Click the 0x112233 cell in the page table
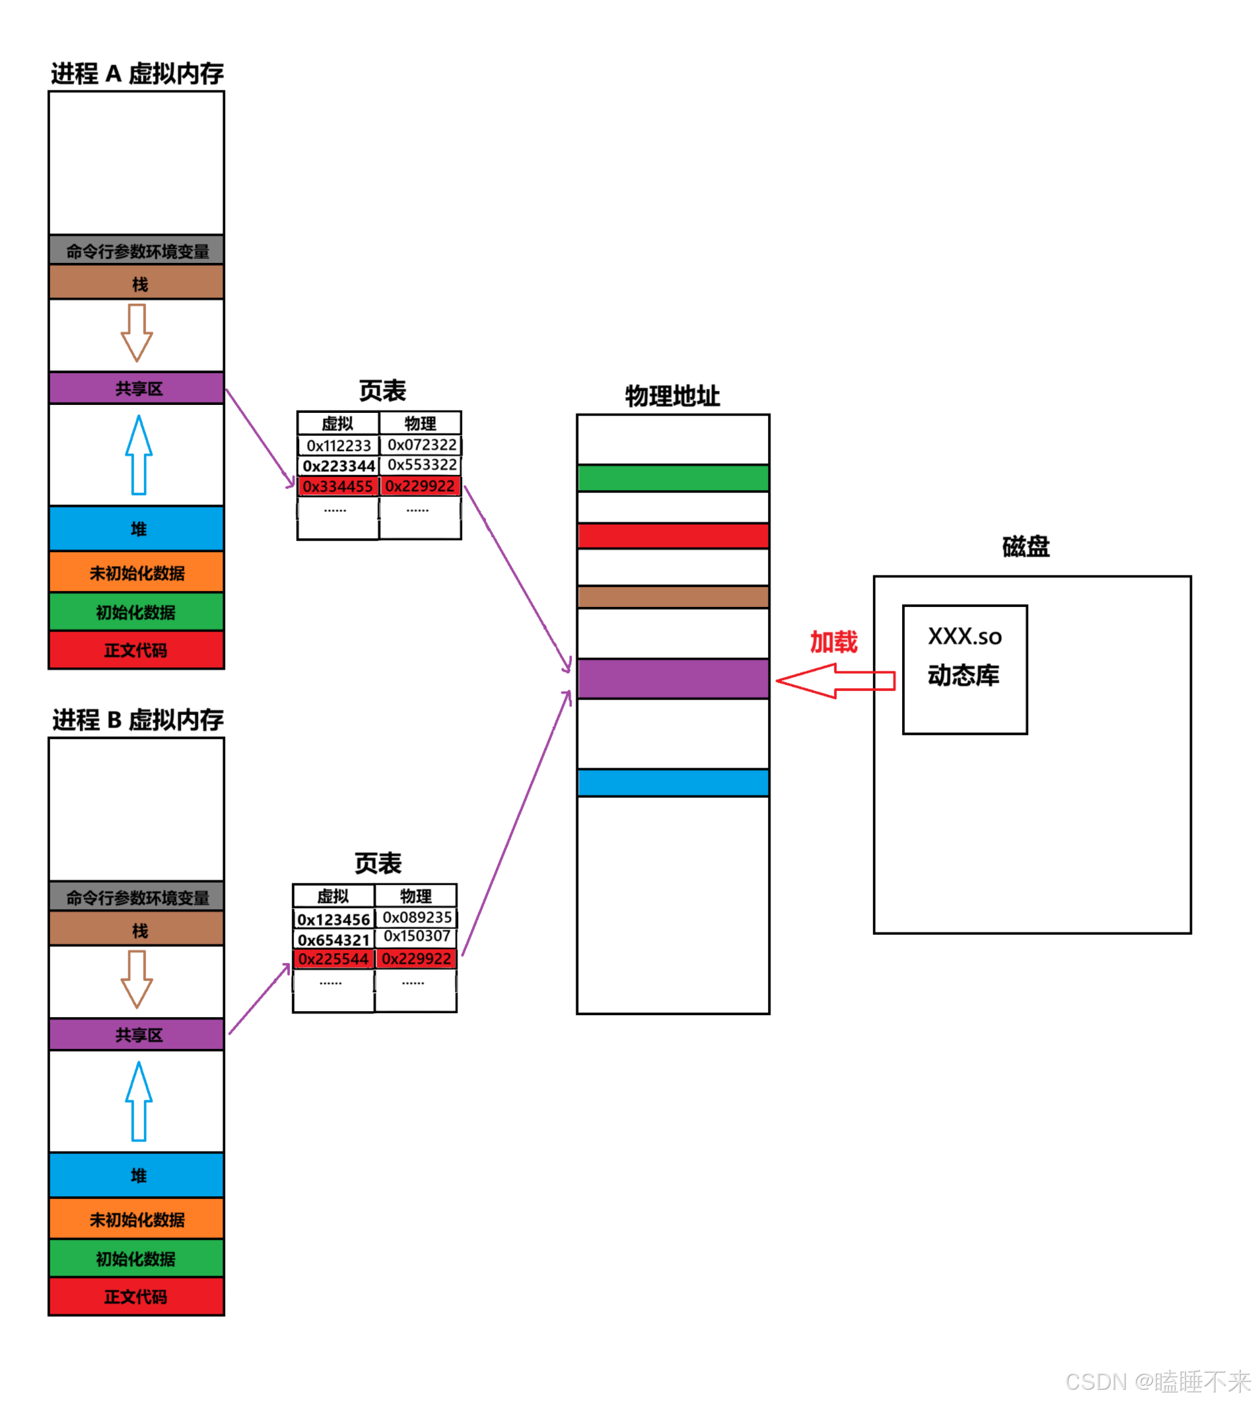[338, 446]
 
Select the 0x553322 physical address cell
[421, 465]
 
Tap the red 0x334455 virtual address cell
[337, 487]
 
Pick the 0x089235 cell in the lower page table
[417, 918]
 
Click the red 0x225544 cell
[333, 959]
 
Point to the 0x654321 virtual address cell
[333, 940]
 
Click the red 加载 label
[834, 642]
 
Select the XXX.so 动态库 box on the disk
[965, 670]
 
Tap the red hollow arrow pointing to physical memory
[835, 681]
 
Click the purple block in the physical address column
[673, 679]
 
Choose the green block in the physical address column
[673, 478]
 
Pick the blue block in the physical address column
[673, 783]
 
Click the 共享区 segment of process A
[137, 388]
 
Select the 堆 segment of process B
[137, 1176]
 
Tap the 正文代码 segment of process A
[137, 651]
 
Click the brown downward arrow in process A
[137, 333]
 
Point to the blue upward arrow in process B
[139, 1101]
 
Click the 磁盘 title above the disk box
[1026, 547]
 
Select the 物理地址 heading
[672, 396]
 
